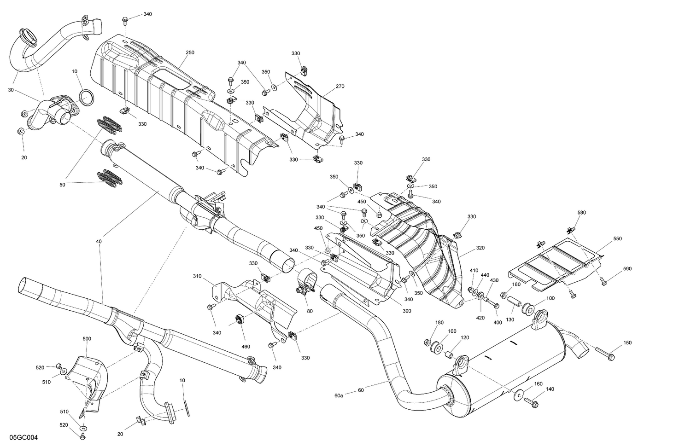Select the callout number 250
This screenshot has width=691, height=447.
tap(190, 53)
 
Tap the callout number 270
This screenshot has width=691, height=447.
tap(340, 87)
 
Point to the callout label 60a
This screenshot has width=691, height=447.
tap(339, 395)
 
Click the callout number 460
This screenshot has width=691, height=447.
tap(246, 347)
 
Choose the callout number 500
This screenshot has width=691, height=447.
tap(87, 339)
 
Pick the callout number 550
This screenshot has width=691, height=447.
tap(617, 239)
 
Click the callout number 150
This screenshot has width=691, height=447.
tap(627, 343)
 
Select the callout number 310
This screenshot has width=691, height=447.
tap(197, 276)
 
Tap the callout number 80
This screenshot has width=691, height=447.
tap(310, 311)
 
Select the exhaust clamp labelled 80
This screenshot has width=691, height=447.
tap(305, 282)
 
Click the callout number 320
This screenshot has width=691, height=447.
tap(480, 248)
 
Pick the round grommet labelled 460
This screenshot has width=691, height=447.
tap(239, 319)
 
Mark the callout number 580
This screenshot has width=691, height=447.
tap(581, 213)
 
